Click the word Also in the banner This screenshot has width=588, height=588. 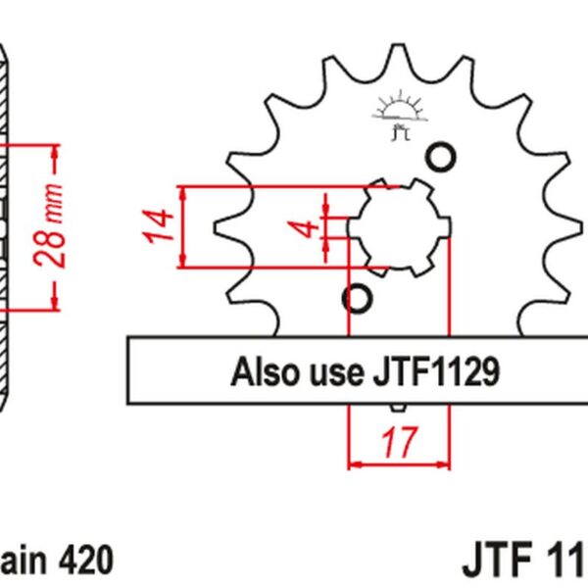click(x=260, y=371)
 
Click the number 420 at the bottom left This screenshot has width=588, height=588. click(x=86, y=562)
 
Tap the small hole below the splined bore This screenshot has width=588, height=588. click(x=356, y=297)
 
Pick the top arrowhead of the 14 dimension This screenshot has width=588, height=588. click(x=182, y=192)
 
